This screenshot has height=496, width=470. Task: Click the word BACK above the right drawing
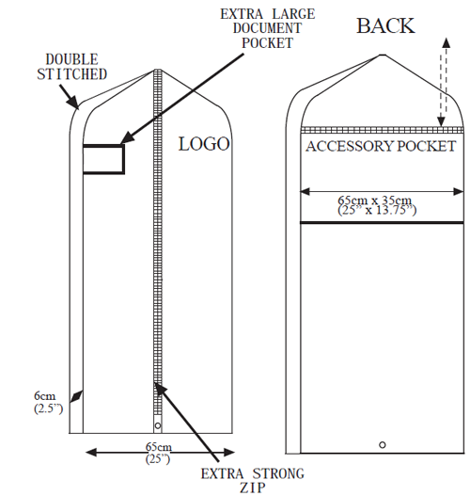point(385,26)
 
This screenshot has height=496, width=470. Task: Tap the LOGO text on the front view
point(204,144)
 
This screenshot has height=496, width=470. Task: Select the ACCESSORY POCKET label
point(381,147)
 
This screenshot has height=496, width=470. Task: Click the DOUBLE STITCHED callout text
point(71,67)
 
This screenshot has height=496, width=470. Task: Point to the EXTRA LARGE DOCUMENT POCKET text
point(268,28)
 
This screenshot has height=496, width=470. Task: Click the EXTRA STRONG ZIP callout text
point(252,481)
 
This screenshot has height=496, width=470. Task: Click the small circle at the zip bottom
point(158,425)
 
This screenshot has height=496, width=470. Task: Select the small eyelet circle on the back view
point(383,445)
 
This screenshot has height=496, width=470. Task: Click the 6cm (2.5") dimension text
point(48,402)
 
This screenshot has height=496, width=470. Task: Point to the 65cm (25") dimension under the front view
point(159,453)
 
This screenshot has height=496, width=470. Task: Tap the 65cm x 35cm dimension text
point(377,205)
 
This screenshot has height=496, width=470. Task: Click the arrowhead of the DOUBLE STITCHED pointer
point(73,103)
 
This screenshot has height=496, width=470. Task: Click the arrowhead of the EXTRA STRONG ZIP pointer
point(160,389)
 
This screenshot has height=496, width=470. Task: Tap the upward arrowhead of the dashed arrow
point(446,42)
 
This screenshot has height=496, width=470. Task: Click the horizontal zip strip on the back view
point(383,130)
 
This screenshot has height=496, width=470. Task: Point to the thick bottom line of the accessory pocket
point(382,223)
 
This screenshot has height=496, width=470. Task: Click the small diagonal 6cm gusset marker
point(76,396)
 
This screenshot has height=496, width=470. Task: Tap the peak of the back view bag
point(383,55)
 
